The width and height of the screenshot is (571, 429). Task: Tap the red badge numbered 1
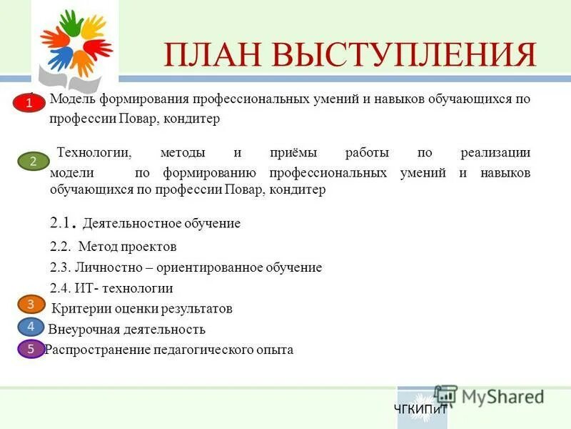click(30, 104)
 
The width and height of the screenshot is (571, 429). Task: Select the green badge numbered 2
click(33, 162)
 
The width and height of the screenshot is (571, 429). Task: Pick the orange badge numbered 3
click(31, 305)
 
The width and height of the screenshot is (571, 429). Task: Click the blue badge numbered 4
click(31, 327)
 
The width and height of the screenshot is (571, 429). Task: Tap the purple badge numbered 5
click(31, 349)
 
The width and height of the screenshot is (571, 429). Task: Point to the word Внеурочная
click(81, 330)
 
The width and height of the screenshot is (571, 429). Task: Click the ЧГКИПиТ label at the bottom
click(420, 410)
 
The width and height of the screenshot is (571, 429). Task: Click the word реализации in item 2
click(495, 153)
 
